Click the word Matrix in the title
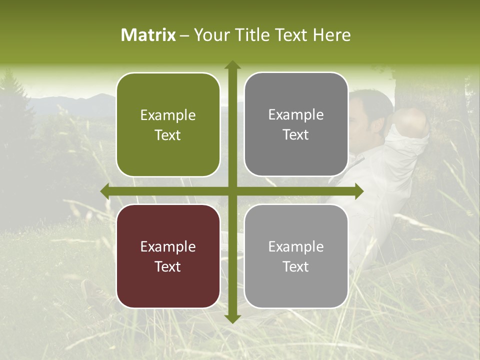click(x=148, y=35)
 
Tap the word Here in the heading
click(x=331, y=35)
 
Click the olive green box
click(x=168, y=125)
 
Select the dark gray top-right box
click(x=296, y=124)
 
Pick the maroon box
click(x=168, y=256)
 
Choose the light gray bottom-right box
click(x=296, y=256)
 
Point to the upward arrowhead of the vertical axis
click(x=232, y=65)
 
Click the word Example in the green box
click(x=168, y=115)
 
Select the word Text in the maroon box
click(x=168, y=266)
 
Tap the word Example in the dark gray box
click(x=296, y=115)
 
